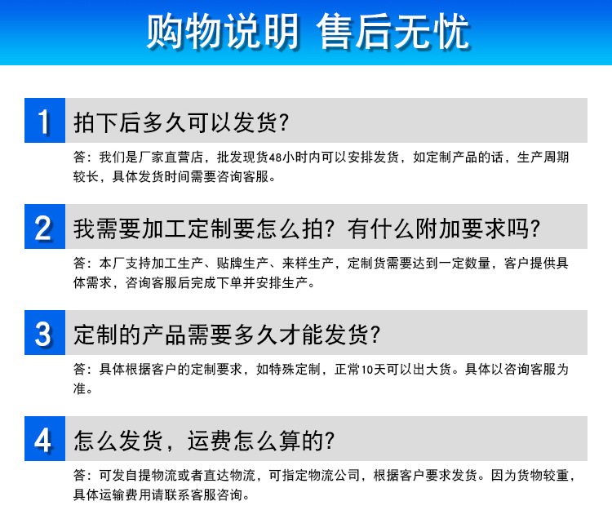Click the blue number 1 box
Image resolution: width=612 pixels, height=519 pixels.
[44, 121]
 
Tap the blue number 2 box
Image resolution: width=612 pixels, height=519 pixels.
[44, 227]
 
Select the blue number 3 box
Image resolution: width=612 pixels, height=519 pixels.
[44, 333]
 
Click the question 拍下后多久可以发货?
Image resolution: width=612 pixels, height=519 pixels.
[181, 122]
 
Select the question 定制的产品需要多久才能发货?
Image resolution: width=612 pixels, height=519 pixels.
[228, 334]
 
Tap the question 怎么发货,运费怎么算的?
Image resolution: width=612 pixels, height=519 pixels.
[204, 440]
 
